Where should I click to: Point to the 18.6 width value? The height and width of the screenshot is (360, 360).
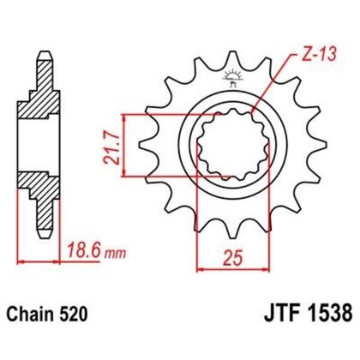(83, 251)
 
